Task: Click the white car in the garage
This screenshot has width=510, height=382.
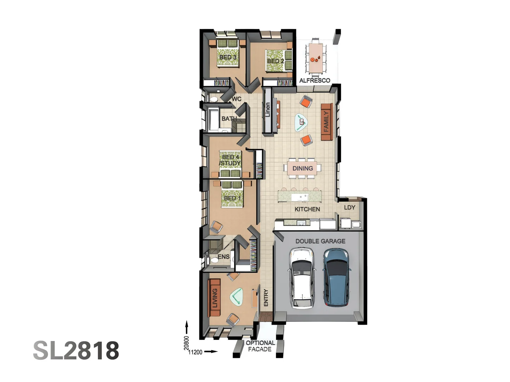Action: point(302,278)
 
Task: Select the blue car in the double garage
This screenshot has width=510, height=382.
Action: point(336,277)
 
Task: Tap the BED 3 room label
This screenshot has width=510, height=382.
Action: point(228,57)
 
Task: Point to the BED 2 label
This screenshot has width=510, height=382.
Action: point(276,61)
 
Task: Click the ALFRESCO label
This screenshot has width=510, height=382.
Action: point(314,81)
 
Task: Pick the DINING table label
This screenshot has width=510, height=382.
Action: point(302,168)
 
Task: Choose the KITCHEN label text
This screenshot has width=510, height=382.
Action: point(307,209)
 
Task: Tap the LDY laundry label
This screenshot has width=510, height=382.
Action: point(350,207)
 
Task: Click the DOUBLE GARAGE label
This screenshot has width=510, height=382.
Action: point(320,241)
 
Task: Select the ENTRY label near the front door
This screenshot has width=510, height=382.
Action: point(266,297)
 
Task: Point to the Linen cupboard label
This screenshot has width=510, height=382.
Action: point(268,110)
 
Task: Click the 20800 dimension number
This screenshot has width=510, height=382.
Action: point(186,343)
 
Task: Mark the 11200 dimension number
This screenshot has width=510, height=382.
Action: point(195,352)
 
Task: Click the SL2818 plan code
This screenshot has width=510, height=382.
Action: point(76,350)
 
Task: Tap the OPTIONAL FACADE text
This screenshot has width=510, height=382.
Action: point(260,346)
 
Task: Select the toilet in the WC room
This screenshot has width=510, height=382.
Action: point(213,99)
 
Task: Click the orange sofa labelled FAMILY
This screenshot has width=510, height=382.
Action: point(327,122)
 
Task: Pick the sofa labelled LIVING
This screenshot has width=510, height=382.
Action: point(214,298)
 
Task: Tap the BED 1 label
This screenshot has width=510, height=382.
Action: point(232,198)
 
